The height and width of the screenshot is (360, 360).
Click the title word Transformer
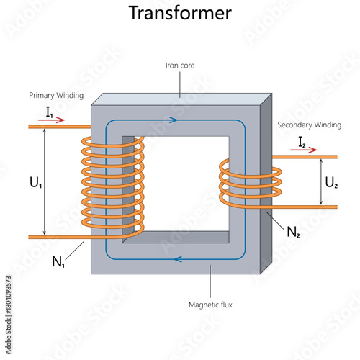pyautogui.click(x=180, y=13)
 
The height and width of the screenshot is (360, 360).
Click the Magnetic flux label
pyautogui.click(x=209, y=305)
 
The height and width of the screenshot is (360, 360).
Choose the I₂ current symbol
pyautogui.click(x=302, y=142)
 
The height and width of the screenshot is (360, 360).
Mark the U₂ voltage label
pyautogui.click(x=331, y=182)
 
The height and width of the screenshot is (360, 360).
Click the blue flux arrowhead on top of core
pyautogui.click(x=173, y=120)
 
